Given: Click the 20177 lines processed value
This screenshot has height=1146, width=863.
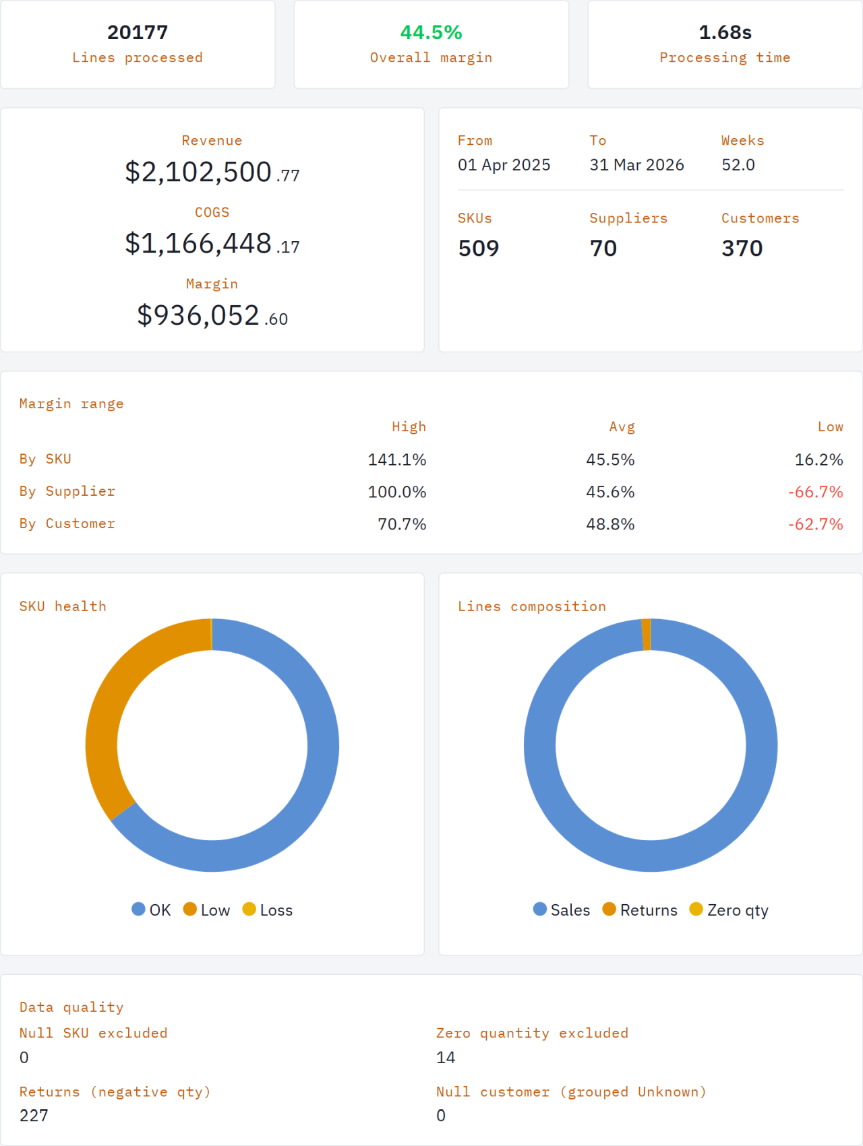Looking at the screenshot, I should [138, 32].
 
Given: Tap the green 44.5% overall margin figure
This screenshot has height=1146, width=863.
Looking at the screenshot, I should [431, 32].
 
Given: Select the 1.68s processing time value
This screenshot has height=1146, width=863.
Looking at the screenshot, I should [725, 32].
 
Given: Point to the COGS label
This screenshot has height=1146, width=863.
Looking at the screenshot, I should [212, 212].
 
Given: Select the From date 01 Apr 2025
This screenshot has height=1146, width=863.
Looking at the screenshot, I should [504, 165].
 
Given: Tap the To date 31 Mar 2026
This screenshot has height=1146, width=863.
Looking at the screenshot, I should [636, 165].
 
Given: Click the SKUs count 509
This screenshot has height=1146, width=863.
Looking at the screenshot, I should [478, 249].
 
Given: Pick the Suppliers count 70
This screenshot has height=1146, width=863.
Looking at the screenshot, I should [603, 249].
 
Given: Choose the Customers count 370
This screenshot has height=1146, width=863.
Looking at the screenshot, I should [742, 249].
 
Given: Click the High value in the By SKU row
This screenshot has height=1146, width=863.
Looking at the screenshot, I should [396, 460].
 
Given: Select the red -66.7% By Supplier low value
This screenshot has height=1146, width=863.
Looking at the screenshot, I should [815, 492].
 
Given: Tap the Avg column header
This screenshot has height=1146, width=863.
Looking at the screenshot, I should [622, 427].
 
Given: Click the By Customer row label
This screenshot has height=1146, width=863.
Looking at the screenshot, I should [67, 524].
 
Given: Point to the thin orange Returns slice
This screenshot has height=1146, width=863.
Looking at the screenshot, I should [647, 635].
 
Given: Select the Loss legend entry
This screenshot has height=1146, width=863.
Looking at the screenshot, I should [268, 910].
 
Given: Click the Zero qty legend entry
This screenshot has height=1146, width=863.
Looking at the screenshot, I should [729, 910].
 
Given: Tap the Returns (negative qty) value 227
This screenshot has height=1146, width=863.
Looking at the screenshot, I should [34, 1116].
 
